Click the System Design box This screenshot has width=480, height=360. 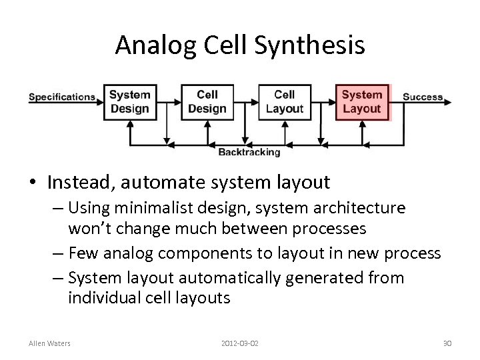pyautogui.click(x=129, y=101)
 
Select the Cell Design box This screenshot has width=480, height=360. pyautogui.click(x=207, y=101)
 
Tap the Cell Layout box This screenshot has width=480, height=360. pyautogui.click(x=284, y=101)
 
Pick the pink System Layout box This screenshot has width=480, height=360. pyautogui.click(x=361, y=101)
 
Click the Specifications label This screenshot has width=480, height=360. pyautogui.click(x=62, y=97)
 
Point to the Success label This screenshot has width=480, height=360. pyautogui.click(x=422, y=97)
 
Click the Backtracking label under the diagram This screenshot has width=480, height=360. pyautogui.click(x=249, y=152)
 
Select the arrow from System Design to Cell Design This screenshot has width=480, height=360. pyautogui.click(x=169, y=101)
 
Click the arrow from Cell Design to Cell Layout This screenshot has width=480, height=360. pyautogui.click(x=245, y=101)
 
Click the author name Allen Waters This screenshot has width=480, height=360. pyautogui.click(x=51, y=343)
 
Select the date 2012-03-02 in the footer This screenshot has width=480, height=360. pyautogui.click(x=239, y=343)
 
